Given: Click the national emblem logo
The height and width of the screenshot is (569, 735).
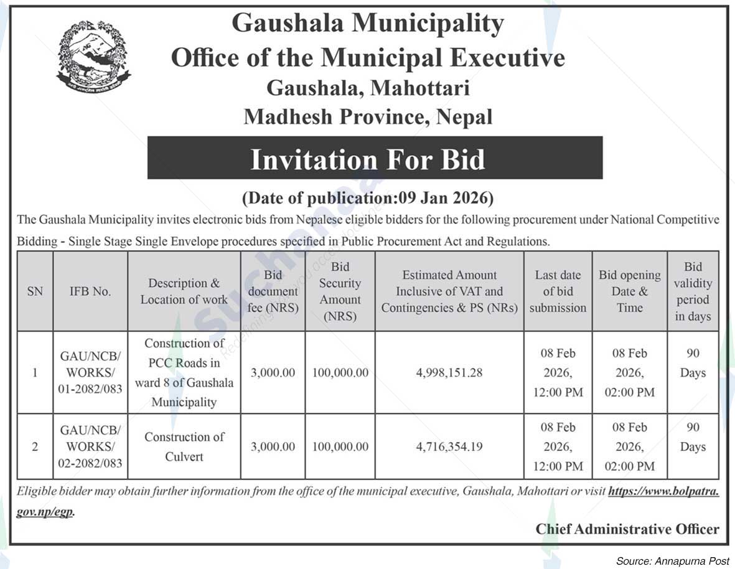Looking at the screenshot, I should (x=93, y=56).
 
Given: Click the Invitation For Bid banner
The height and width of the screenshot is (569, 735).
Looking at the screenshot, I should (x=375, y=158).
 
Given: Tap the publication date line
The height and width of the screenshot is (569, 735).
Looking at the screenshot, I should (x=367, y=198).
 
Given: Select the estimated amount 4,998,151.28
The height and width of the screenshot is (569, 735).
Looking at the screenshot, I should (x=449, y=373).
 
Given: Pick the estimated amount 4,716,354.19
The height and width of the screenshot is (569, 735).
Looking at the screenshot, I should (x=449, y=446).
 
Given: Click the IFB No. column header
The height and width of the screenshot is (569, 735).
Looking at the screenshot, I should (x=90, y=291).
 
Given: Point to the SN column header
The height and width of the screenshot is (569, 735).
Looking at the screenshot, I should (x=35, y=291).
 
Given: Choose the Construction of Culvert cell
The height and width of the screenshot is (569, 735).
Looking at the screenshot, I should (x=184, y=446).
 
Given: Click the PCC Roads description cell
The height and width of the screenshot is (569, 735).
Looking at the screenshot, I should (x=184, y=372).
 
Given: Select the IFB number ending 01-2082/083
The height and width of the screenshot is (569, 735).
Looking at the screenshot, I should (x=90, y=373).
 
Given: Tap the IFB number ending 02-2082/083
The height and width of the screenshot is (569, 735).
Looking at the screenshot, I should (x=90, y=446).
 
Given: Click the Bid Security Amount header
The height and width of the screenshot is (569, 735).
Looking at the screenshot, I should (x=340, y=291).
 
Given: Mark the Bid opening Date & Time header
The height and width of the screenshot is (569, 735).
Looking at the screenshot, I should (x=629, y=291).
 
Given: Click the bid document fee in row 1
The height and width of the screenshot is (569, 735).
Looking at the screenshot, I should (x=273, y=373).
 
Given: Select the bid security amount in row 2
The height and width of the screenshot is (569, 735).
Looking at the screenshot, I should (x=340, y=446).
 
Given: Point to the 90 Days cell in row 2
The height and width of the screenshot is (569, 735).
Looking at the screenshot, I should (x=693, y=437).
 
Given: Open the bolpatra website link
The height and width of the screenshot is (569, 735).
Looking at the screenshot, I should (x=663, y=491).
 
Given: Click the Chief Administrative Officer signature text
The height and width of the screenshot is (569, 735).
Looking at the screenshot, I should (x=627, y=529).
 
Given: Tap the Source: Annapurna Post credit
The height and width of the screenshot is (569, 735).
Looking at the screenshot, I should (x=672, y=561).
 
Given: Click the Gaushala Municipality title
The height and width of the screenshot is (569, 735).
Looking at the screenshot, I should (x=367, y=24).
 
